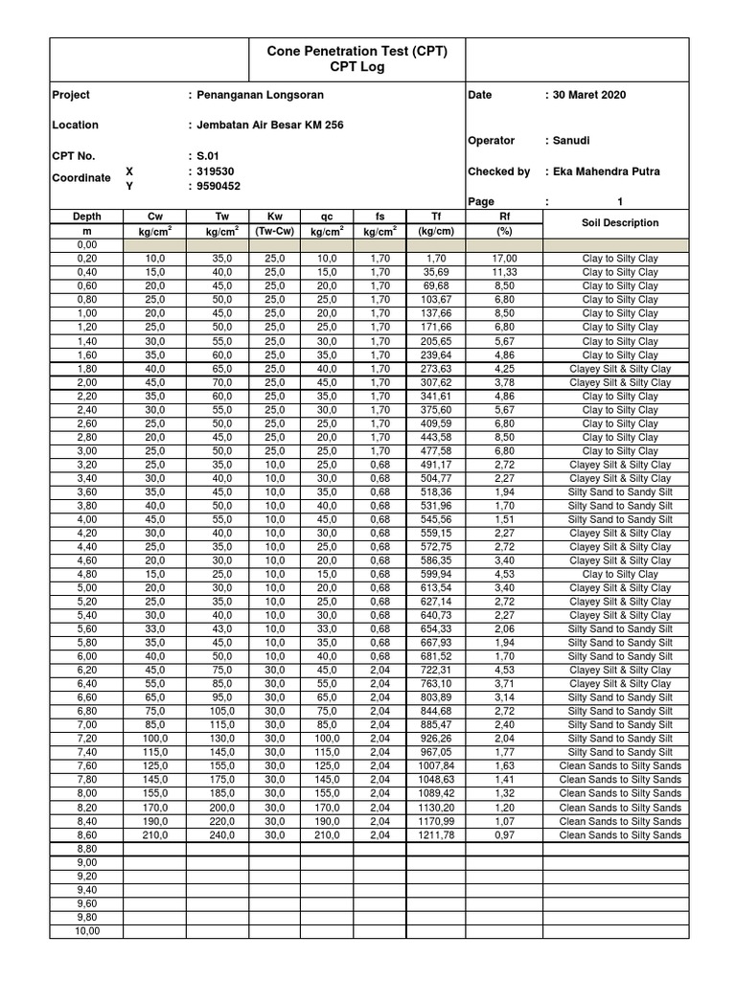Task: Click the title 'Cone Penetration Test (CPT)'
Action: pyautogui.click(x=356, y=50)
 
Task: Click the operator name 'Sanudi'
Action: pyautogui.click(x=569, y=141)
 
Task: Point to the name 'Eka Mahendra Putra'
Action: pyautogui.click(x=605, y=171)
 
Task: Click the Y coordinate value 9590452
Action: pyautogui.click(x=218, y=186)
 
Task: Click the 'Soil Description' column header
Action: pyautogui.click(x=620, y=223)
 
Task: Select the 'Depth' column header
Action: pyautogui.click(x=86, y=217)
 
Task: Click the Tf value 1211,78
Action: pyautogui.click(x=435, y=835)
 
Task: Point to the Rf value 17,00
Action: pyautogui.click(x=506, y=259)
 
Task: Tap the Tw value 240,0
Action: pyautogui.click(x=218, y=835)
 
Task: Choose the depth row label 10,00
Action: pyautogui.click(x=86, y=931)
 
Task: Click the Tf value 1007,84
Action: pyautogui.click(x=435, y=766)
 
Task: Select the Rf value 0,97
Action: pyautogui.click(x=506, y=835)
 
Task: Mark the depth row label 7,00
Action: pyautogui.click(x=86, y=725)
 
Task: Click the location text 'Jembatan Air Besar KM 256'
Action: pyautogui.click(x=271, y=125)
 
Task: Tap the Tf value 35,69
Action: pyautogui.click(x=436, y=272)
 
